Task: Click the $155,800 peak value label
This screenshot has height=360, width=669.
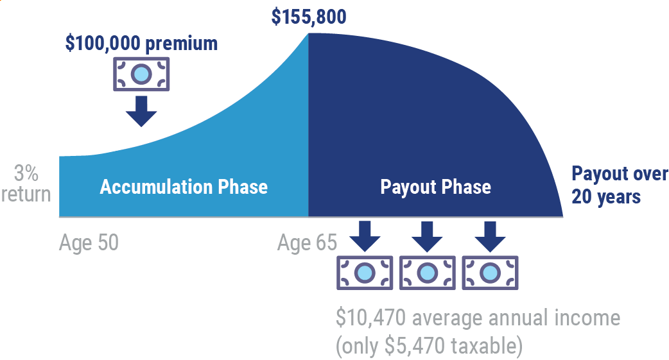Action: click(309, 17)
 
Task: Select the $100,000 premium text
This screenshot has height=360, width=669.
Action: click(141, 44)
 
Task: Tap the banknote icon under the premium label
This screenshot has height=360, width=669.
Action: click(141, 74)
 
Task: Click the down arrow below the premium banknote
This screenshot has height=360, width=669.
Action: click(141, 111)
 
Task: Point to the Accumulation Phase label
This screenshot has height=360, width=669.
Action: click(184, 187)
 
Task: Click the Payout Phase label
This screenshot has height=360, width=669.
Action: click(435, 187)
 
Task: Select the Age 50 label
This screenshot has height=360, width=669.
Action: click(89, 243)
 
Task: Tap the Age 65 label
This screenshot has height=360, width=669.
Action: click(307, 243)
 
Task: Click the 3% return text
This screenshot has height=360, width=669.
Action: click(26, 184)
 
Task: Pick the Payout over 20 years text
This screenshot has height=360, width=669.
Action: click(620, 185)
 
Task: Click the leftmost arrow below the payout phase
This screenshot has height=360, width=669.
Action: click(365, 237)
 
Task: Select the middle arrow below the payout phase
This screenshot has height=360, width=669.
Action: click(428, 237)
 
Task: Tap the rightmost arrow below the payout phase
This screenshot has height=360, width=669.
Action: click(491, 237)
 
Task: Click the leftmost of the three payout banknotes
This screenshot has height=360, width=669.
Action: click(365, 273)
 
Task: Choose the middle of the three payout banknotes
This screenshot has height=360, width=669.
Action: click(428, 273)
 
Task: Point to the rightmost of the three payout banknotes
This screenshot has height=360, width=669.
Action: click(491, 273)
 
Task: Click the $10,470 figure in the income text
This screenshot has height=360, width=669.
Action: click(370, 318)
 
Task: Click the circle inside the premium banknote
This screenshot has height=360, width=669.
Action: click(141, 74)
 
